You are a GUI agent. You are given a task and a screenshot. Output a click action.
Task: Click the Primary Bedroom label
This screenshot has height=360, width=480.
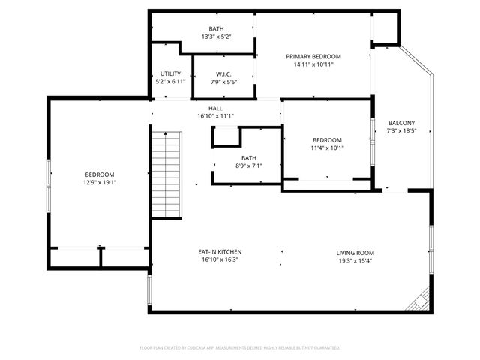[x=313, y=57]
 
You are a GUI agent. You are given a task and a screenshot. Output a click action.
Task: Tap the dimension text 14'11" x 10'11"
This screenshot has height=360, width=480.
[x=313, y=65]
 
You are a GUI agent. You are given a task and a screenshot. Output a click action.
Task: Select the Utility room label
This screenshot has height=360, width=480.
[x=169, y=73]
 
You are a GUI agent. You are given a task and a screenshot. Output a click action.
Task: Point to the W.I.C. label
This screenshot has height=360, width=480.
[x=223, y=73]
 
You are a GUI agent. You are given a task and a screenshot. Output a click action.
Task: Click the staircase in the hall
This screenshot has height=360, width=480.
[x=166, y=172]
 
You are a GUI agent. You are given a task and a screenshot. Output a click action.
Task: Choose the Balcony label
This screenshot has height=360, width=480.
[x=401, y=123]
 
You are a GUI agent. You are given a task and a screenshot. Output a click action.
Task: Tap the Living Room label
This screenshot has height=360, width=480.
[x=355, y=253]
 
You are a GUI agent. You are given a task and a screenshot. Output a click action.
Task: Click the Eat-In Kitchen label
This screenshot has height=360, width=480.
[x=220, y=252]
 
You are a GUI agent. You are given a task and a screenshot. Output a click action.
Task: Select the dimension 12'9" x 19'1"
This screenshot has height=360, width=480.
[x=100, y=181]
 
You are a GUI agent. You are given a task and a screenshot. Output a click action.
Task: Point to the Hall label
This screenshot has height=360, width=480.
[x=215, y=108]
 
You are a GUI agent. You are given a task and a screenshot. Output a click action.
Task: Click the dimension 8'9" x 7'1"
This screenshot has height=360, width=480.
[x=248, y=166]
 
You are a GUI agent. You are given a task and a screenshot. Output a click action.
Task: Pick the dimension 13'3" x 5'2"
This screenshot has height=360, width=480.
[x=216, y=37]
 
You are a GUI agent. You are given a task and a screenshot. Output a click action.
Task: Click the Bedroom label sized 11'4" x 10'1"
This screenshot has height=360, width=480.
[x=327, y=140]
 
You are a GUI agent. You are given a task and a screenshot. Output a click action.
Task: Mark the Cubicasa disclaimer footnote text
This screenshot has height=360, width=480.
[x=240, y=348]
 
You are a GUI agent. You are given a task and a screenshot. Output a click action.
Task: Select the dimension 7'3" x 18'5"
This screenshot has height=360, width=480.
[x=401, y=131]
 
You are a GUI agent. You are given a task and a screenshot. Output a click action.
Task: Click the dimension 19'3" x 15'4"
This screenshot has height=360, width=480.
[x=355, y=261]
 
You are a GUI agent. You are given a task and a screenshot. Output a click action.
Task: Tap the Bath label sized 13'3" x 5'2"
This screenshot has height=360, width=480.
[x=216, y=28]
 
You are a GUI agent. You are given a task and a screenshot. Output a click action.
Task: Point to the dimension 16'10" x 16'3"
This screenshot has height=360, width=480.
[x=220, y=260]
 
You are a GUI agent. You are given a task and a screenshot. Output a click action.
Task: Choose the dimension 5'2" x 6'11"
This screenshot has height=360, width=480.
[x=169, y=81]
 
